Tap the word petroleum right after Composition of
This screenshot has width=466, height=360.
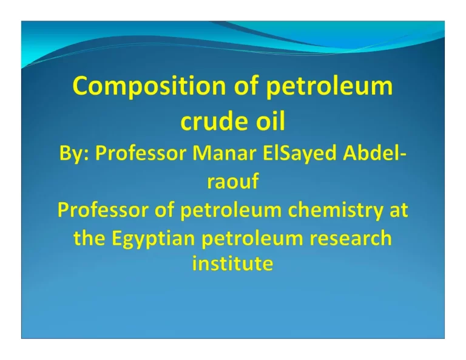coord(328,87)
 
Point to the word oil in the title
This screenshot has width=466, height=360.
coord(268,121)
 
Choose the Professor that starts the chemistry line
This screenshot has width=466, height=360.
coord(105,211)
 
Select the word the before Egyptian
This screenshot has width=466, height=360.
coord(89,238)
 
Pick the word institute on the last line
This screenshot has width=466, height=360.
coord(233,265)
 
